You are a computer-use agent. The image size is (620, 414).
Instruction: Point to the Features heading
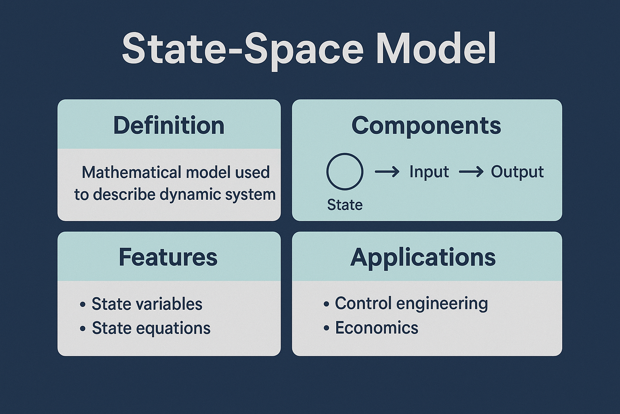[x=168, y=257]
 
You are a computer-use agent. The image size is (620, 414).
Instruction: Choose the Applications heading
[x=423, y=257]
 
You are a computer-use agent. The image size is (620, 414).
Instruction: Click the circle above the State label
[x=345, y=171]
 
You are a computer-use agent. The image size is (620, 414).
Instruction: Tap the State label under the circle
[x=345, y=205]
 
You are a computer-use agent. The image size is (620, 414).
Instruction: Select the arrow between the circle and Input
[x=387, y=172]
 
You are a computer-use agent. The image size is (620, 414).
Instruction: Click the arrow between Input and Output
[x=471, y=172]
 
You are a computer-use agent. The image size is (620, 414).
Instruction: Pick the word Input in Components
[x=429, y=171]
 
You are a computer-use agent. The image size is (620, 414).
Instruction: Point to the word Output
[x=517, y=172]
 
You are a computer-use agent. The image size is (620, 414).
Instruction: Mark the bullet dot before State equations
[x=83, y=329]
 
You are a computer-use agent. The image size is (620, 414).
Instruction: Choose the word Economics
[x=377, y=328]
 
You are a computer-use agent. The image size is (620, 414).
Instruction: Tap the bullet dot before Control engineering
[x=326, y=304]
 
